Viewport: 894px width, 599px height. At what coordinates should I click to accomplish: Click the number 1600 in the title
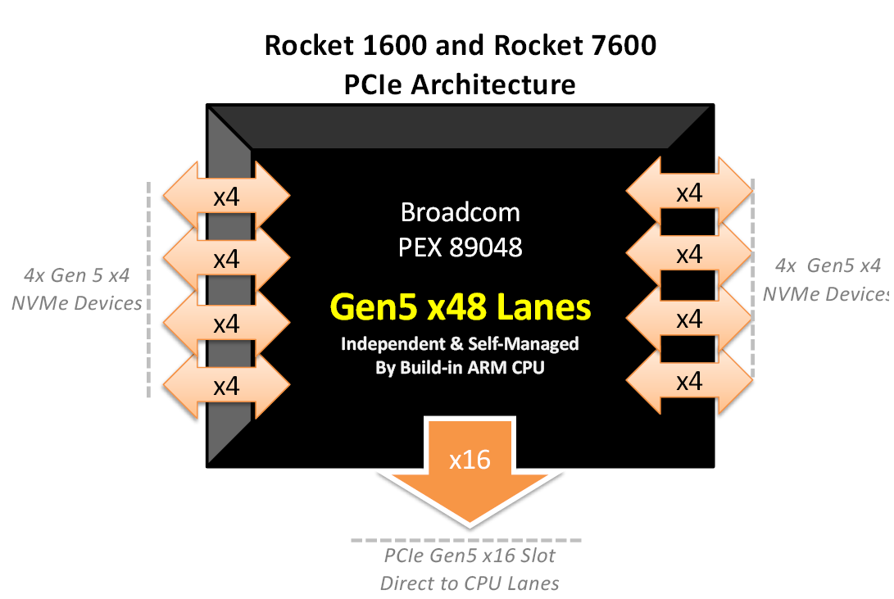tap(394, 46)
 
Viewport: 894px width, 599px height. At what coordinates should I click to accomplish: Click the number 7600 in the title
tap(624, 46)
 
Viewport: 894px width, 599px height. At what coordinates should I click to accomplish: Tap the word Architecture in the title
tap(494, 85)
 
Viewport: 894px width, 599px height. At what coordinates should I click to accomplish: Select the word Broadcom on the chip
tap(461, 212)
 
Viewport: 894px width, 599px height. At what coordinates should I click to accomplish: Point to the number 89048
tap(485, 247)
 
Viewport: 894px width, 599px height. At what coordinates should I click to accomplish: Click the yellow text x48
tap(457, 307)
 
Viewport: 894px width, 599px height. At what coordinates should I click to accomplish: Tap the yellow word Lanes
tap(543, 307)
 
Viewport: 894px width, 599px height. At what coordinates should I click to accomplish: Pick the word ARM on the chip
tap(488, 368)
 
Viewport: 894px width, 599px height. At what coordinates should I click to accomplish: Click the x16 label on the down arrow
tap(470, 460)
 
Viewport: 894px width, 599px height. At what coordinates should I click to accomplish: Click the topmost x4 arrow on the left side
tap(226, 196)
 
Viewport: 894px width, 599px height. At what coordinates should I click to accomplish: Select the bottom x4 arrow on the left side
tap(226, 385)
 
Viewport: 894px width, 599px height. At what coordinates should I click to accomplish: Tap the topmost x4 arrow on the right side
tap(689, 193)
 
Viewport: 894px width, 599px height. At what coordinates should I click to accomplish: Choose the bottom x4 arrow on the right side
tap(689, 380)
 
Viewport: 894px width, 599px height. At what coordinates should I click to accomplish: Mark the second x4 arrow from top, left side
tap(226, 258)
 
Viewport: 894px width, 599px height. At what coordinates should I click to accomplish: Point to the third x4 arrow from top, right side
tap(689, 318)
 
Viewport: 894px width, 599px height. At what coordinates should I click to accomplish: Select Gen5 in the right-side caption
tap(831, 265)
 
